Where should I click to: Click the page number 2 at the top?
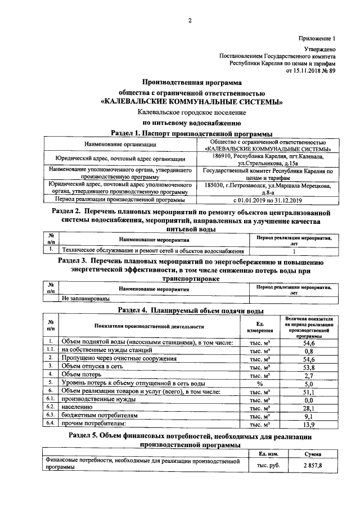click(190, 21)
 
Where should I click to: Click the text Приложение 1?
click(316, 39)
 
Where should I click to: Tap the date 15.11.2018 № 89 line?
click(310, 71)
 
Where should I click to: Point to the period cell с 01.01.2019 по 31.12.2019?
click(268, 200)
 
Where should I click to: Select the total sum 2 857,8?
click(312, 466)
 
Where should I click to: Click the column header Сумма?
click(312, 453)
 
